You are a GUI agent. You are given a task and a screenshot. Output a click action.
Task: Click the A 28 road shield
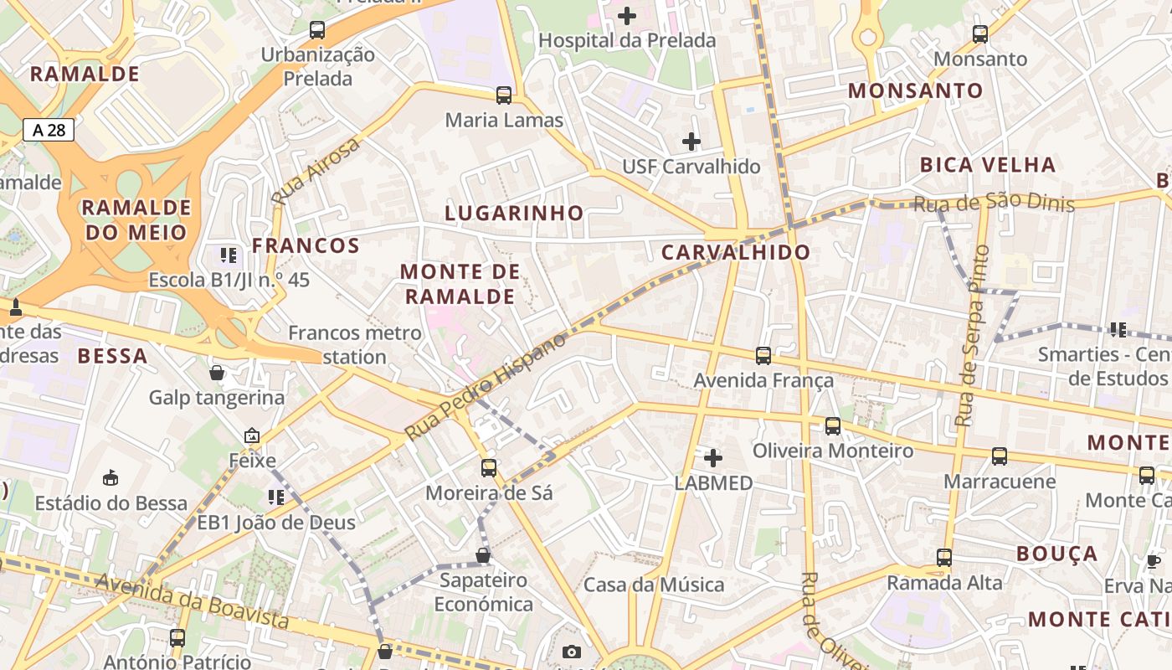[49, 130]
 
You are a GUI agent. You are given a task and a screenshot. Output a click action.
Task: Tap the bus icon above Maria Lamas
[503, 95]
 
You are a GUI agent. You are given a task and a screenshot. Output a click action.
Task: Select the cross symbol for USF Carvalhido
[691, 142]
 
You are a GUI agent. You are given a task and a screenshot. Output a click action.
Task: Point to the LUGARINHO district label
[514, 213]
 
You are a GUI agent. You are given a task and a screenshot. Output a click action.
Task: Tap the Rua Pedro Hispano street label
[486, 386]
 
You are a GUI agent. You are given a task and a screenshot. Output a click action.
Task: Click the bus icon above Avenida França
[763, 356]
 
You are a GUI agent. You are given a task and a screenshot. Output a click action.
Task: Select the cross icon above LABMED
[713, 458]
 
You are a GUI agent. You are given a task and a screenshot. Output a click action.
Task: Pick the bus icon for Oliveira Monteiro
[833, 426]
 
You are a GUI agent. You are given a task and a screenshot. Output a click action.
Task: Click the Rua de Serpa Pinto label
[972, 335]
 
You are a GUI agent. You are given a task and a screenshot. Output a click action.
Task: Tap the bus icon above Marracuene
[1000, 456]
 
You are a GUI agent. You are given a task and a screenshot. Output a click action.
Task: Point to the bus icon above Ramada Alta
[944, 557]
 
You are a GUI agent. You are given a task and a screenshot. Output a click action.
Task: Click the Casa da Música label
[654, 585]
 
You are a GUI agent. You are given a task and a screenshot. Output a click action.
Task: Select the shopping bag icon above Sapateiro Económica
[483, 554]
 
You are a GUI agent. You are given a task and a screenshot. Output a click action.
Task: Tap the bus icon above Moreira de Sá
[489, 468]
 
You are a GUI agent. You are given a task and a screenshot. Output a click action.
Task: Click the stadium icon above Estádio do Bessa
[111, 478]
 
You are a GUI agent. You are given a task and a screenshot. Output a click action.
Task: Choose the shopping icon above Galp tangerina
[217, 373]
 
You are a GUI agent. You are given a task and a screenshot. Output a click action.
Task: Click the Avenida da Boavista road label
[192, 600]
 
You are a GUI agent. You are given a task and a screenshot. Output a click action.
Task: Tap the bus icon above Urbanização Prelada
[317, 30]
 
